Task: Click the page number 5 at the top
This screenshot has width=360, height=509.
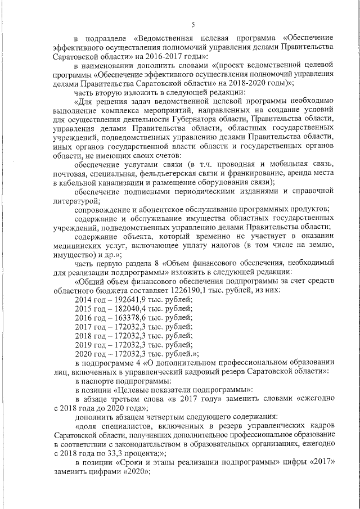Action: (x=193, y=24)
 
